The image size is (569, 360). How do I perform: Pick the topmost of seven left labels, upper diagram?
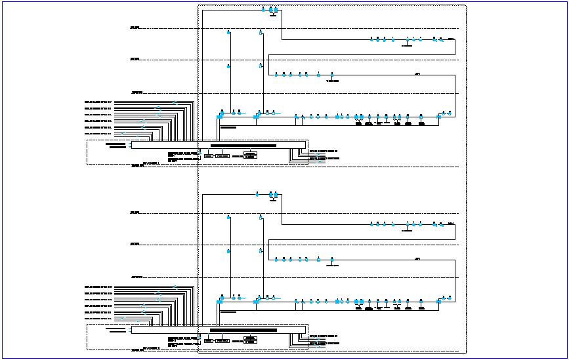98,102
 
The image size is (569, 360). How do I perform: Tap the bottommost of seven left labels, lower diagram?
98,318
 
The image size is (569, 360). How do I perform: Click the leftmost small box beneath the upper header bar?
208,156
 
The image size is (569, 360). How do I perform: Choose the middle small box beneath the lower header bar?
222,340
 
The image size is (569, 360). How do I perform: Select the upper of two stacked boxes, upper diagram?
250,153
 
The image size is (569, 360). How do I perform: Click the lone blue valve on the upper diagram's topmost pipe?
263,10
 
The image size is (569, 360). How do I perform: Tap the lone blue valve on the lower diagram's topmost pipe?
257,194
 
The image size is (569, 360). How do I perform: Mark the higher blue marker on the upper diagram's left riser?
228,32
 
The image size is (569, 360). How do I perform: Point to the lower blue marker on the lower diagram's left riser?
228,250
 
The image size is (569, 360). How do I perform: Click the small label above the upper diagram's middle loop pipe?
417,75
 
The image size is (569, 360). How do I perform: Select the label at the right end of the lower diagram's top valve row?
451,224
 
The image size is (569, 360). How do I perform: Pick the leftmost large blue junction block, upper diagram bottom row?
220,116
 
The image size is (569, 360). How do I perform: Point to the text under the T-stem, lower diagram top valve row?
407,230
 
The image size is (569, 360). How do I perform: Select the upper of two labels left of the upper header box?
115,142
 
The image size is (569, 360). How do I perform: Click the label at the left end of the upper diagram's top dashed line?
135,28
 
